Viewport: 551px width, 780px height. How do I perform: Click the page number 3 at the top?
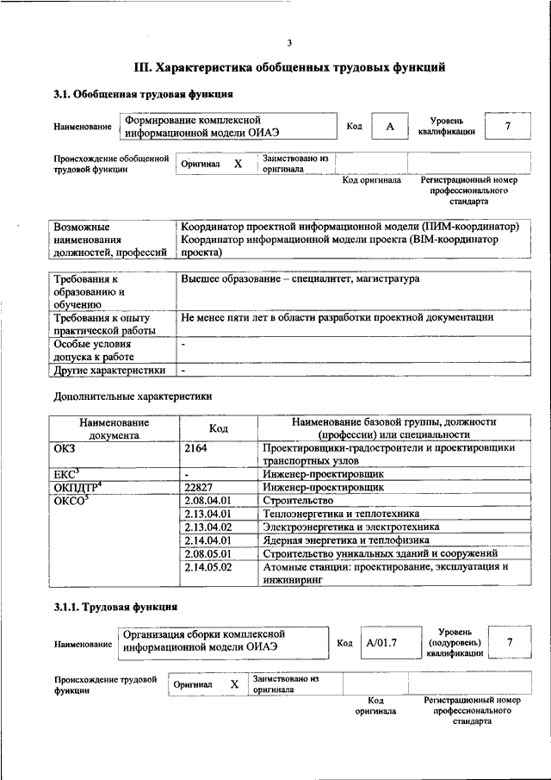coord(290,43)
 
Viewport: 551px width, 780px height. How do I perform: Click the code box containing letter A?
coord(389,127)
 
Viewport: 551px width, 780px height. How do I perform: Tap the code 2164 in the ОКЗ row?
coord(196,447)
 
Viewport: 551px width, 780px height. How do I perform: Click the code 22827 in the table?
coord(199,487)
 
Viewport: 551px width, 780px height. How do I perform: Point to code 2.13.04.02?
coord(208,527)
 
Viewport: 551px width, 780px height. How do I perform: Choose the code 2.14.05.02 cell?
coord(208,567)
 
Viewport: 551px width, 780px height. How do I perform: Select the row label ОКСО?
coord(71,501)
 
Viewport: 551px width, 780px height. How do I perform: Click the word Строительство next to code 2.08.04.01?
coord(298,501)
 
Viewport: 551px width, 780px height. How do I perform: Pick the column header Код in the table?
coord(219,428)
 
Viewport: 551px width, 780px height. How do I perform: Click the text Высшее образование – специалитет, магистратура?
coord(300,279)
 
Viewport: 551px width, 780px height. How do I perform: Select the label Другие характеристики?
coord(109,371)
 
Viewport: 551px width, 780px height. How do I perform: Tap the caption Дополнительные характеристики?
coord(132,396)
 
